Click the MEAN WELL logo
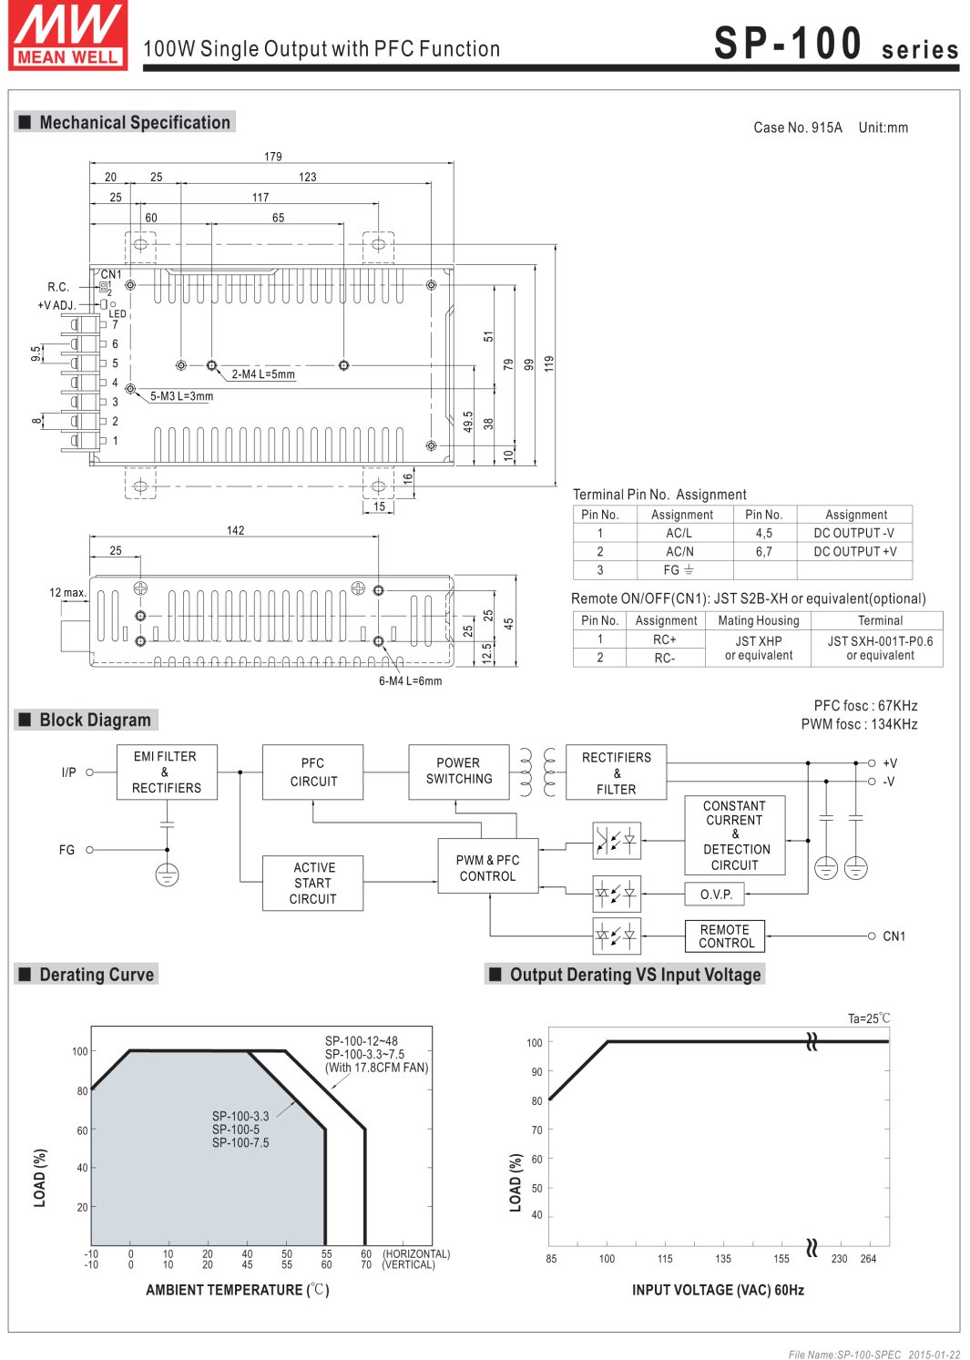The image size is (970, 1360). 67,36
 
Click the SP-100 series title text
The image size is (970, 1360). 835,44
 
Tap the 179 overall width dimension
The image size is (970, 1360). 272,157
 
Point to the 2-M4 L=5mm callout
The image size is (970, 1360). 263,374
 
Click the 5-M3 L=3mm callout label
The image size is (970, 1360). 181,396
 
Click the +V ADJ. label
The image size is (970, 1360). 56,305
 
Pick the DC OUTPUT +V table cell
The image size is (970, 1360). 854,551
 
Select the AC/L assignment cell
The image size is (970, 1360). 679,533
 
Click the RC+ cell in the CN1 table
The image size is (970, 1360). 665,639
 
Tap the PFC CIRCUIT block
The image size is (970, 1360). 312,772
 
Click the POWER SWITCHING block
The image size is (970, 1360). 458,772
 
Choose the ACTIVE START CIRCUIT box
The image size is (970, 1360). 312,883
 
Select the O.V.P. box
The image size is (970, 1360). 715,895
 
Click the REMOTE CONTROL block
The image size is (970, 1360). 725,936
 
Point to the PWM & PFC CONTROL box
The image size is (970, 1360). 487,867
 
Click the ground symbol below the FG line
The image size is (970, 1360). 167,875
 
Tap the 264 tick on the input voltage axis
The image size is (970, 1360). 868,1259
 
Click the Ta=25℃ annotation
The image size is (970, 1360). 869,1018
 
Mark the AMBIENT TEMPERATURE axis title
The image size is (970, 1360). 237,1290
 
